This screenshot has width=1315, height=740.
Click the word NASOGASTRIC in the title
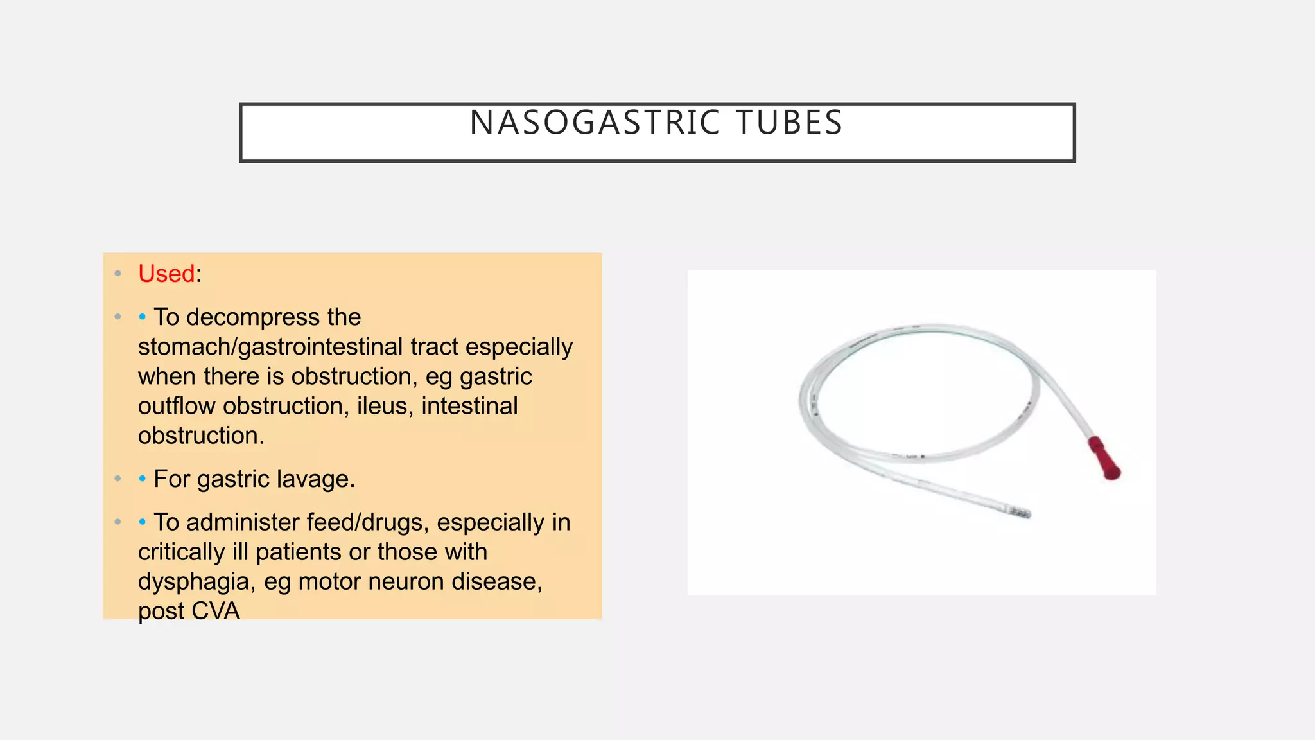(595, 123)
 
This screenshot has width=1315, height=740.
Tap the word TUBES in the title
(789, 123)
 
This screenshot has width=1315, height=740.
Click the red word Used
(166, 274)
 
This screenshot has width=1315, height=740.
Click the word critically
(182, 552)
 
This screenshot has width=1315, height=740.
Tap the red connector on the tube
(1104, 457)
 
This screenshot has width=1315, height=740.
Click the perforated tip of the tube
(1019, 513)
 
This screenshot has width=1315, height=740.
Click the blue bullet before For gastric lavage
(142, 479)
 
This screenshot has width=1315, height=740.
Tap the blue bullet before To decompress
(142, 317)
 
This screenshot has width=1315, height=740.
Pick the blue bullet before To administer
(142, 522)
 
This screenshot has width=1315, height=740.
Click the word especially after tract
(519, 347)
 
